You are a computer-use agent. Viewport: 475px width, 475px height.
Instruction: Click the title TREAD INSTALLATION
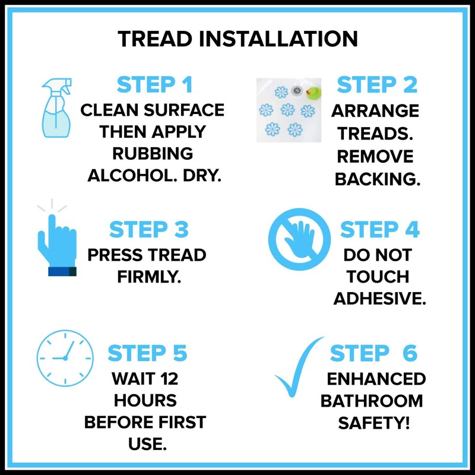pos(237,39)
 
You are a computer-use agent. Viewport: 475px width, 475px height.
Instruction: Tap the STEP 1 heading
pos(154,85)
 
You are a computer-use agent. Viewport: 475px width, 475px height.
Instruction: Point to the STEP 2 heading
pos(376,85)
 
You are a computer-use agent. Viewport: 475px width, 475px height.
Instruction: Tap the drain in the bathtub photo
pos(297,90)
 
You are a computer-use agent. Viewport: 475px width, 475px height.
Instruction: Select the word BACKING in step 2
pos(376,179)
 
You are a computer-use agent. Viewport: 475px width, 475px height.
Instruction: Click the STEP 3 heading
pos(148,229)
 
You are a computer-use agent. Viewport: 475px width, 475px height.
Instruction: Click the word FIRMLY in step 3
pos(146,277)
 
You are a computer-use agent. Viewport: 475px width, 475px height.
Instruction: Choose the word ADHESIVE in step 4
pos(379,299)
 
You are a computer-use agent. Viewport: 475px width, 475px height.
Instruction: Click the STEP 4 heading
pos(380,229)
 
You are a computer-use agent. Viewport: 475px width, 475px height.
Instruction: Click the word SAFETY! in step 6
pos(372,423)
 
